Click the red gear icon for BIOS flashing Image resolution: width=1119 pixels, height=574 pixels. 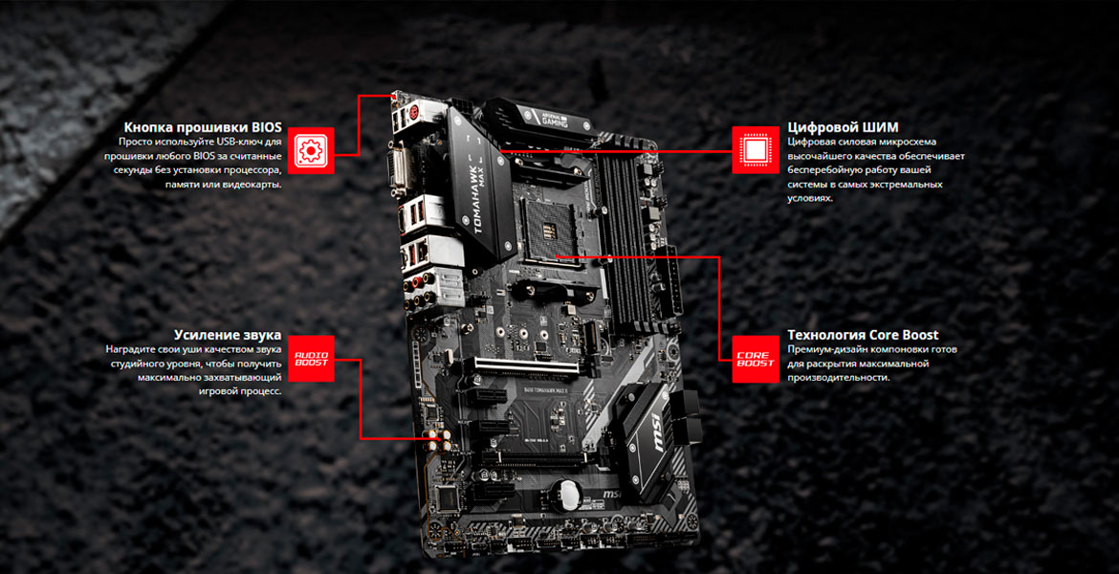point(311,150)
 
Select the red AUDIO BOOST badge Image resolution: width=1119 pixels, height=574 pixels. point(311,359)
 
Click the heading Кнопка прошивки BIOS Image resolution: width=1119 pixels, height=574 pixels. point(203,128)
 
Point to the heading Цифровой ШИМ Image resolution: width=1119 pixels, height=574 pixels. point(843,128)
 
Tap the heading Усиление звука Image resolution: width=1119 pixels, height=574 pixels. point(228,335)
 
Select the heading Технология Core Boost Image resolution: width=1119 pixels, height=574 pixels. point(863,335)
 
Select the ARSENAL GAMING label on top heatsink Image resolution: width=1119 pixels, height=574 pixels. point(546,114)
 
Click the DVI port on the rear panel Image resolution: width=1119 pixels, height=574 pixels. point(398,172)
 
